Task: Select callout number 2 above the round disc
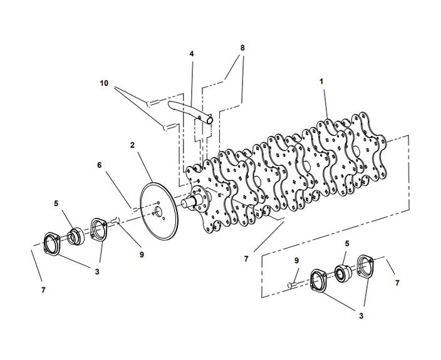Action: point(133,145)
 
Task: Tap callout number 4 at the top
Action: point(192,54)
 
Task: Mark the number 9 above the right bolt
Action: point(296,260)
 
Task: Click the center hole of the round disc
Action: point(158,210)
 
